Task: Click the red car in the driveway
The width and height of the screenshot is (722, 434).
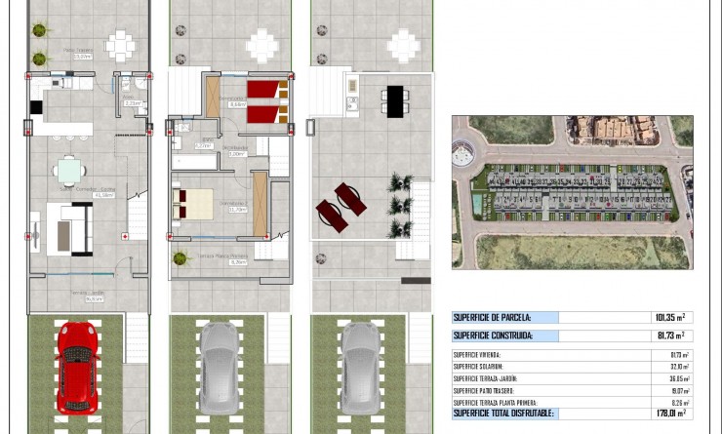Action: (x=76, y=368)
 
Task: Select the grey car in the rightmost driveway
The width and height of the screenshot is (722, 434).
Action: (x=360, y=368)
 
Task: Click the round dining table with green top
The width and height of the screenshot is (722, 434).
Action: (x=69, y=172)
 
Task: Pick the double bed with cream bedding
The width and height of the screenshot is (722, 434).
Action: (x=193, y=204)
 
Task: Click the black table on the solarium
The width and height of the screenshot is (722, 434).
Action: (x=395, y=101)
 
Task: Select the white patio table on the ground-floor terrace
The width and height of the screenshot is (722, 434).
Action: (x=120, y=45)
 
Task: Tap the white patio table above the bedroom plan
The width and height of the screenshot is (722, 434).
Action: (x=261, y=45)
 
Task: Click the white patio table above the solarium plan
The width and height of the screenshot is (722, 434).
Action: (x=403, y=45)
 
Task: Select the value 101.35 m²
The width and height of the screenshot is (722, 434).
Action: (x=668, y=318)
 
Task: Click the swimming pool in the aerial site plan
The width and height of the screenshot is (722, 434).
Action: (x=475, y=204)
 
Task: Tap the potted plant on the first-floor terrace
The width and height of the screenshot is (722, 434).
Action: (x=180, y=259)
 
